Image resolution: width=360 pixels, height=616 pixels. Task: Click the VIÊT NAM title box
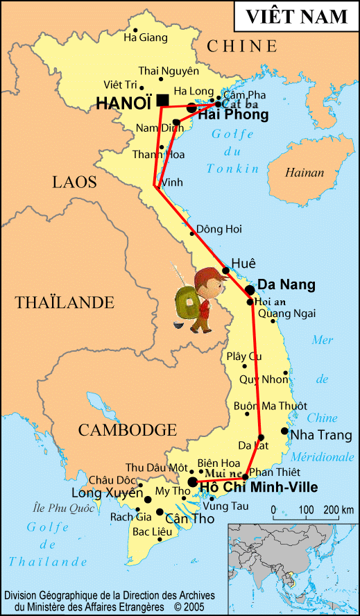[x=296, y=17]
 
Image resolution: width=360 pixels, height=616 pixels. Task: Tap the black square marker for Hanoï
[x=162, y=101]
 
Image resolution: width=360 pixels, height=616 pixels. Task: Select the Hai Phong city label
[x=234, y=115]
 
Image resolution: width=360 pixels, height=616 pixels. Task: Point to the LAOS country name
[x=74, y=182]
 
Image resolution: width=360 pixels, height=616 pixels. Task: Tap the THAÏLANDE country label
[x=65, y=302]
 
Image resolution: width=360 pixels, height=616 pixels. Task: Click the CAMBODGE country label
[x=127, y=429]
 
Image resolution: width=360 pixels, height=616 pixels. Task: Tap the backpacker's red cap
[x=207, y=281]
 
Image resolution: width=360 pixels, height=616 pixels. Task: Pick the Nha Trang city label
[x=321, y=435]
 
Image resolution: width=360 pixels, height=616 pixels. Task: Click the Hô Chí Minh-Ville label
[x=258, y=488]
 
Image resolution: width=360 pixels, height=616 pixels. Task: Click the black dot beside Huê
[x=226, y=271]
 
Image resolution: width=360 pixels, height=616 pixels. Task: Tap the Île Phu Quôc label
[x=62, y=508]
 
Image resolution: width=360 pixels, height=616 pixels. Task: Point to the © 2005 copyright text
[x=194, y=606]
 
